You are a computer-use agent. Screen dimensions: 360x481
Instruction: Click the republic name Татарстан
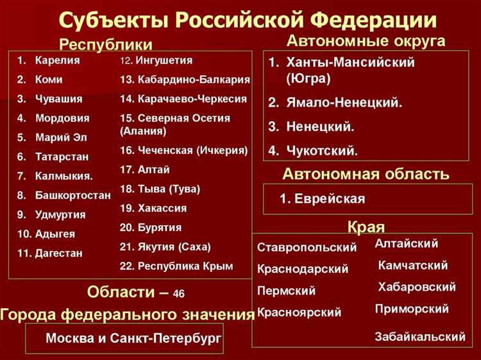pyautogui.click(x=62, y=157)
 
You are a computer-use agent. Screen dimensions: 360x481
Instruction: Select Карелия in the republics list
pyautogui.click(x=57, y=61)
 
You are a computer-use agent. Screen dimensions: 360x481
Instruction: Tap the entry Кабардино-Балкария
pyautogui.click(x=192, y=80)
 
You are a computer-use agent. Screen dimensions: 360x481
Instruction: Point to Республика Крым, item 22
pyautogui.click(x=185, y=266)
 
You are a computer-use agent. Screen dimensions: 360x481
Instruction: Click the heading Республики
pyautogui.click(x=106, y=44)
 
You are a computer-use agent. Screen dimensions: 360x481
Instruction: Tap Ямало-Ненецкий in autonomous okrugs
pyautogui.click(x=344, y=103)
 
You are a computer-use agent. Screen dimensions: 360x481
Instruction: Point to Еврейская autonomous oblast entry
pyautogui.click(x=330, y=199)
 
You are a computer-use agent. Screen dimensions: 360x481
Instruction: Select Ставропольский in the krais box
pyautogui.click(x=307, y=247)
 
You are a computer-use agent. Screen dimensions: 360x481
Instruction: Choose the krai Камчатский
pyautogui.click(x=413, y=265)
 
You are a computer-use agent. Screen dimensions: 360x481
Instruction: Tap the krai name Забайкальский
pyautogui.click(x=420, y=336)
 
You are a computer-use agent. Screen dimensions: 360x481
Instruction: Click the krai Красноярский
pyautogui.click(x=299, y=313)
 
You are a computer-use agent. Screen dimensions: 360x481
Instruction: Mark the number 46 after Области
pyautogui.click(x=178, y=294)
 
